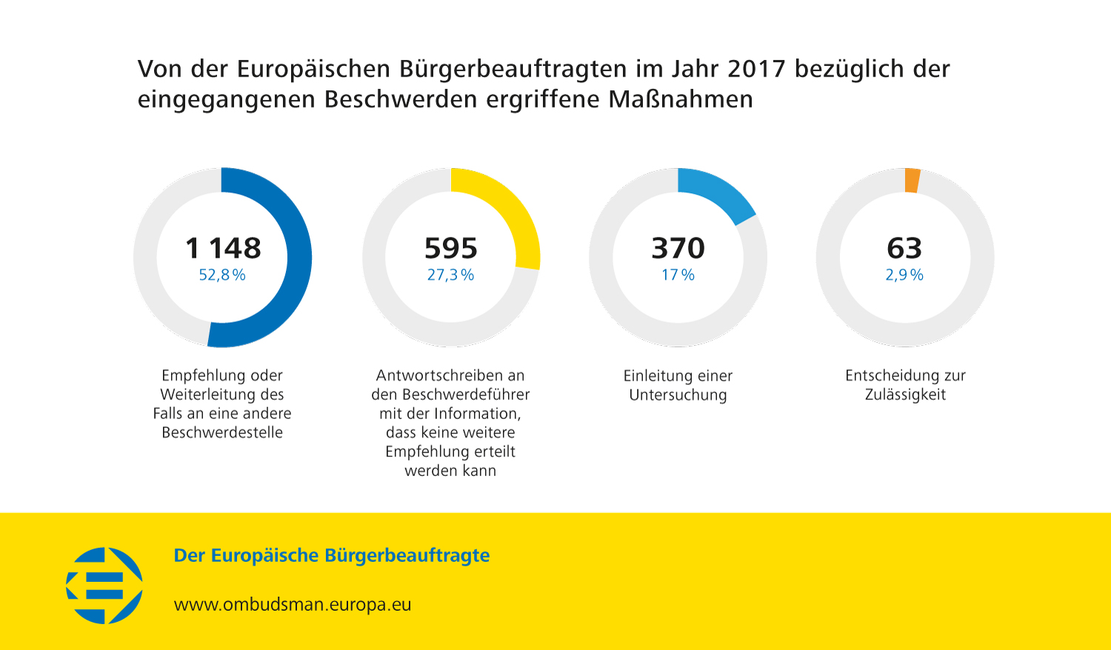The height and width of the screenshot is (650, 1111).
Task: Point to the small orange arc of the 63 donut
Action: click(913, 181)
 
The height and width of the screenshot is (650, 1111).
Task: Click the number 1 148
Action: click(223, 248)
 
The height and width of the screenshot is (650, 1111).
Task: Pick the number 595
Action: click(451, 248)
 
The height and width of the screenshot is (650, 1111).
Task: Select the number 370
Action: click(678, 248)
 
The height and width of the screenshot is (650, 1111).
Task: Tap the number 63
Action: click(904, 248)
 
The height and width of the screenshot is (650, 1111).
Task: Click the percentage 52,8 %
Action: click(222, 275)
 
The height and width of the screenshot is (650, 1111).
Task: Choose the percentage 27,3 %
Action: click(450, 275)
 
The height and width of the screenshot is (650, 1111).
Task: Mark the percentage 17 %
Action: click(678, 275)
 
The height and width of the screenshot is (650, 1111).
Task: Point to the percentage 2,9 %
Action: click(904, 275)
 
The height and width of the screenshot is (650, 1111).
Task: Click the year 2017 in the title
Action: click(756, 69)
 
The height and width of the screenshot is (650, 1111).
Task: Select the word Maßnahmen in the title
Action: click(681, 99)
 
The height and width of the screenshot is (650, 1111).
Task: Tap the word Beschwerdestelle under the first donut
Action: click(222, 433)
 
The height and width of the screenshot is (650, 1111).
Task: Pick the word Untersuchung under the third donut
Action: click(678, 395)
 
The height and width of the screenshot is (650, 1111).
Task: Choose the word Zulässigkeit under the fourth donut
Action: click(905, 395)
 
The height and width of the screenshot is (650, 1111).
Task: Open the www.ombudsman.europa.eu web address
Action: click(293, 605)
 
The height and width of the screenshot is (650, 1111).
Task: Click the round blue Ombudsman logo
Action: click(104, 586)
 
